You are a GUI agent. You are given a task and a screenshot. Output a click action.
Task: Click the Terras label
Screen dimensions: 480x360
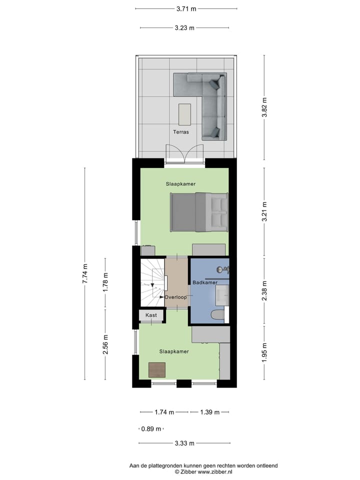(x=180, y=133)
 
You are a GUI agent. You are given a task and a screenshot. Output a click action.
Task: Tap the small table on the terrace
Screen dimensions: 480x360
(x=184, y=114)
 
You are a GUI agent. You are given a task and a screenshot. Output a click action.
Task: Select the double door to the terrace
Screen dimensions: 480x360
(x=184, y=152)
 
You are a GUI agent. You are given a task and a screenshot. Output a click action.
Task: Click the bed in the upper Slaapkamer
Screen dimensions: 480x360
(x=199, y=212)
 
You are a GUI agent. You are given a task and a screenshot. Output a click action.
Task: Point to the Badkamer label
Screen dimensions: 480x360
(x=205, y=283)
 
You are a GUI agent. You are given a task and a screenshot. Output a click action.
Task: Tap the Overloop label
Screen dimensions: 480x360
(x=175, y=297)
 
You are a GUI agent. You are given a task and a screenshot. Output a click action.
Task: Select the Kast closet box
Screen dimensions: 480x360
(x=151, y=315)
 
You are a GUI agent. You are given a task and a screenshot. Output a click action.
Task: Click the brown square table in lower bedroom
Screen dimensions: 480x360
(x=157, y=369)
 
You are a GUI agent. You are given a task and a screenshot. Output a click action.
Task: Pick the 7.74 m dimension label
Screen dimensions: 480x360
(x=84, y=273)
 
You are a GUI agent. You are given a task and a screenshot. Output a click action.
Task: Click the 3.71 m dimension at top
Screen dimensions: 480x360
(x=186, y=8)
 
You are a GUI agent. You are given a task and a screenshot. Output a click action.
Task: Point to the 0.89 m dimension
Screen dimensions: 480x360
(x=151, y=429)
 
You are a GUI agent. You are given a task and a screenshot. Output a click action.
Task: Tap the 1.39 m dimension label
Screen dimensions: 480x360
(x=209, y=412)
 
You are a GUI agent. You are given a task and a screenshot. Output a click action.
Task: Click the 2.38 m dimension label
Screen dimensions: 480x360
(x=264, y=291)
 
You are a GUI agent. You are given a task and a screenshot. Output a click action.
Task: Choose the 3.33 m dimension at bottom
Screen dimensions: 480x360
(x=184, y=443)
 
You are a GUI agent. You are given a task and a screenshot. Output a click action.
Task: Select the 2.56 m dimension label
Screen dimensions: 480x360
(x=105, y=344)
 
